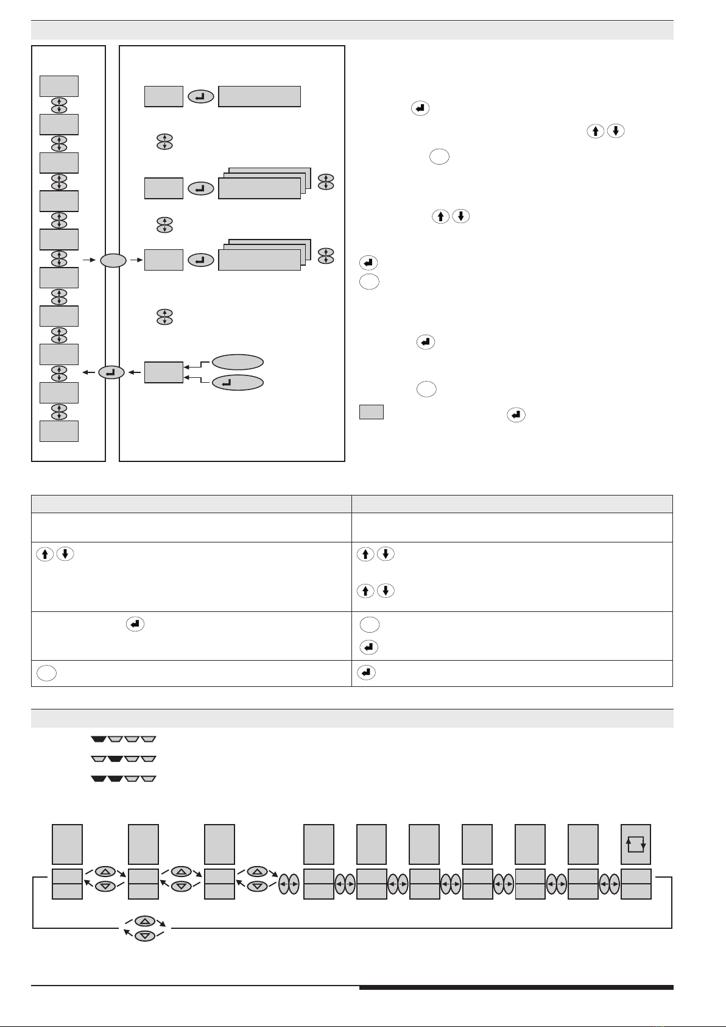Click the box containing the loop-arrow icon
coord(636,844)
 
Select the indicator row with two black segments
coord(124,778)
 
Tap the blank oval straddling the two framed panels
coord(113,260)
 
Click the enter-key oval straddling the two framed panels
coord(111,372)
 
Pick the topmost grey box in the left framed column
coord(59,86)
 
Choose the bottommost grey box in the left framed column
coord(59,430)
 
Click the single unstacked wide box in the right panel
coord(259,96)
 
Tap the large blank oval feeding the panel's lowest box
coord(238,362)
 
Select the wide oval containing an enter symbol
coord(238,383)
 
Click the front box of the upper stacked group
coord(259,189)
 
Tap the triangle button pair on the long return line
coord(144,928)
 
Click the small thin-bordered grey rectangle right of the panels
coord(371,412)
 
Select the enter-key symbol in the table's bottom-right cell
coord(366,673)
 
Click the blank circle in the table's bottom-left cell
coord(46,673)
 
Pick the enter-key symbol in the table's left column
coord(135,624)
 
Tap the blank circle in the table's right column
coord(369,625)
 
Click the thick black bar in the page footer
coord(516,987)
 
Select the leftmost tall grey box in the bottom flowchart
coord(67,844)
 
